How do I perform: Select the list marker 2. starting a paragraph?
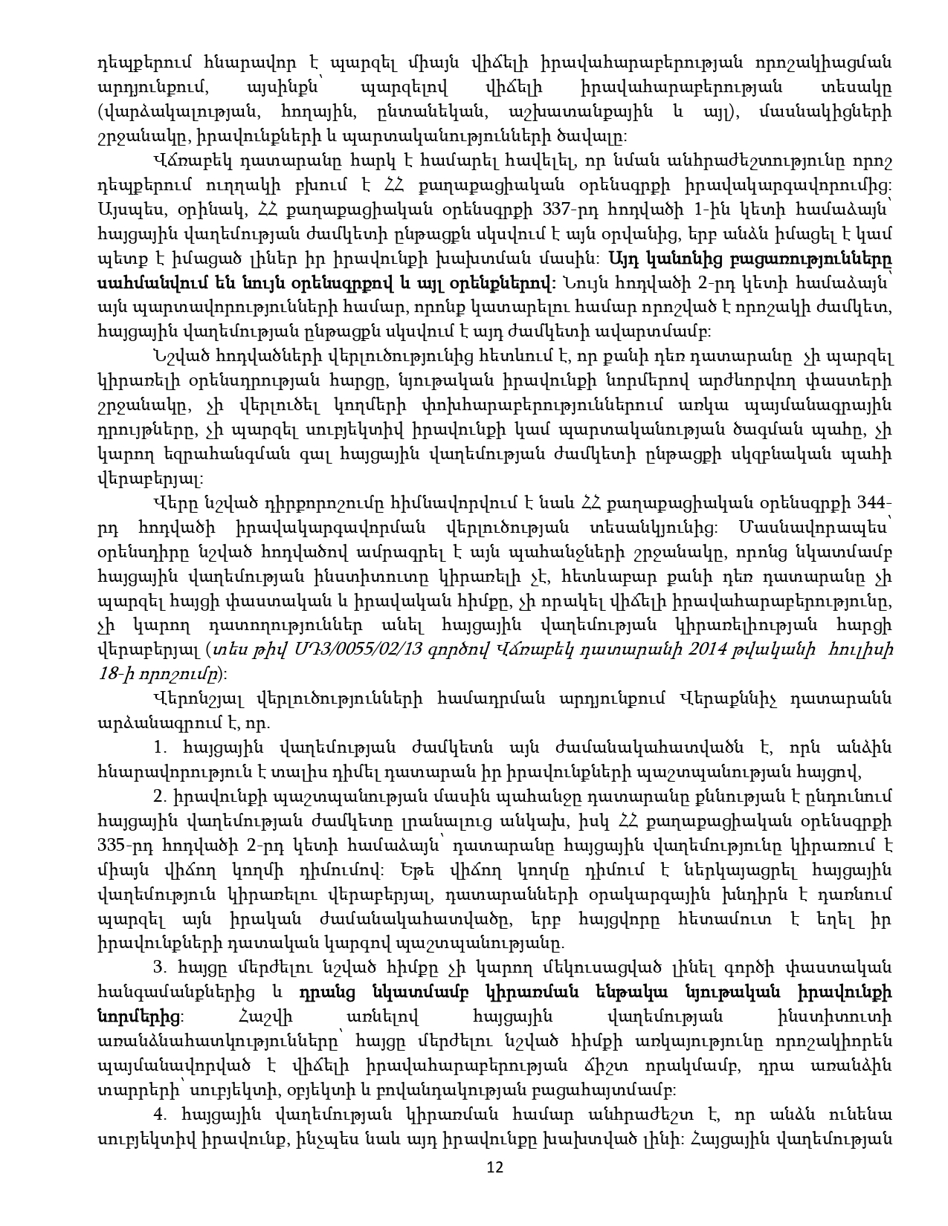coord(158,796)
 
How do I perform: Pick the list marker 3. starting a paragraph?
coord(158,967)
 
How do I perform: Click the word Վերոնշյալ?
coord(195,698)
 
